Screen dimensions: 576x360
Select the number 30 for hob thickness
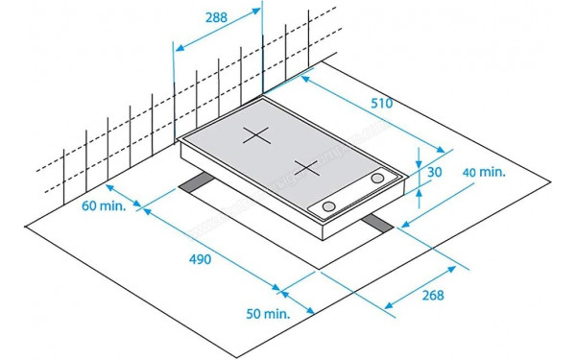pos(436,173)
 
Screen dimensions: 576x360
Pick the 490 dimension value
pos(200,260)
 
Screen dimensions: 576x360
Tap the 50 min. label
pos(267,314)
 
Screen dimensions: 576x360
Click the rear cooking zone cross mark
pos(255,135)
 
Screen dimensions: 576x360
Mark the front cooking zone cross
pos(306,168)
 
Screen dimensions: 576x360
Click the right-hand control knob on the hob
pos(378,180)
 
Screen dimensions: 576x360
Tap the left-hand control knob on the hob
pos(329,207)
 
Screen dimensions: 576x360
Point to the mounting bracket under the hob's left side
pos(198,183)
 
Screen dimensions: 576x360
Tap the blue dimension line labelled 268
pos(422,278)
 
